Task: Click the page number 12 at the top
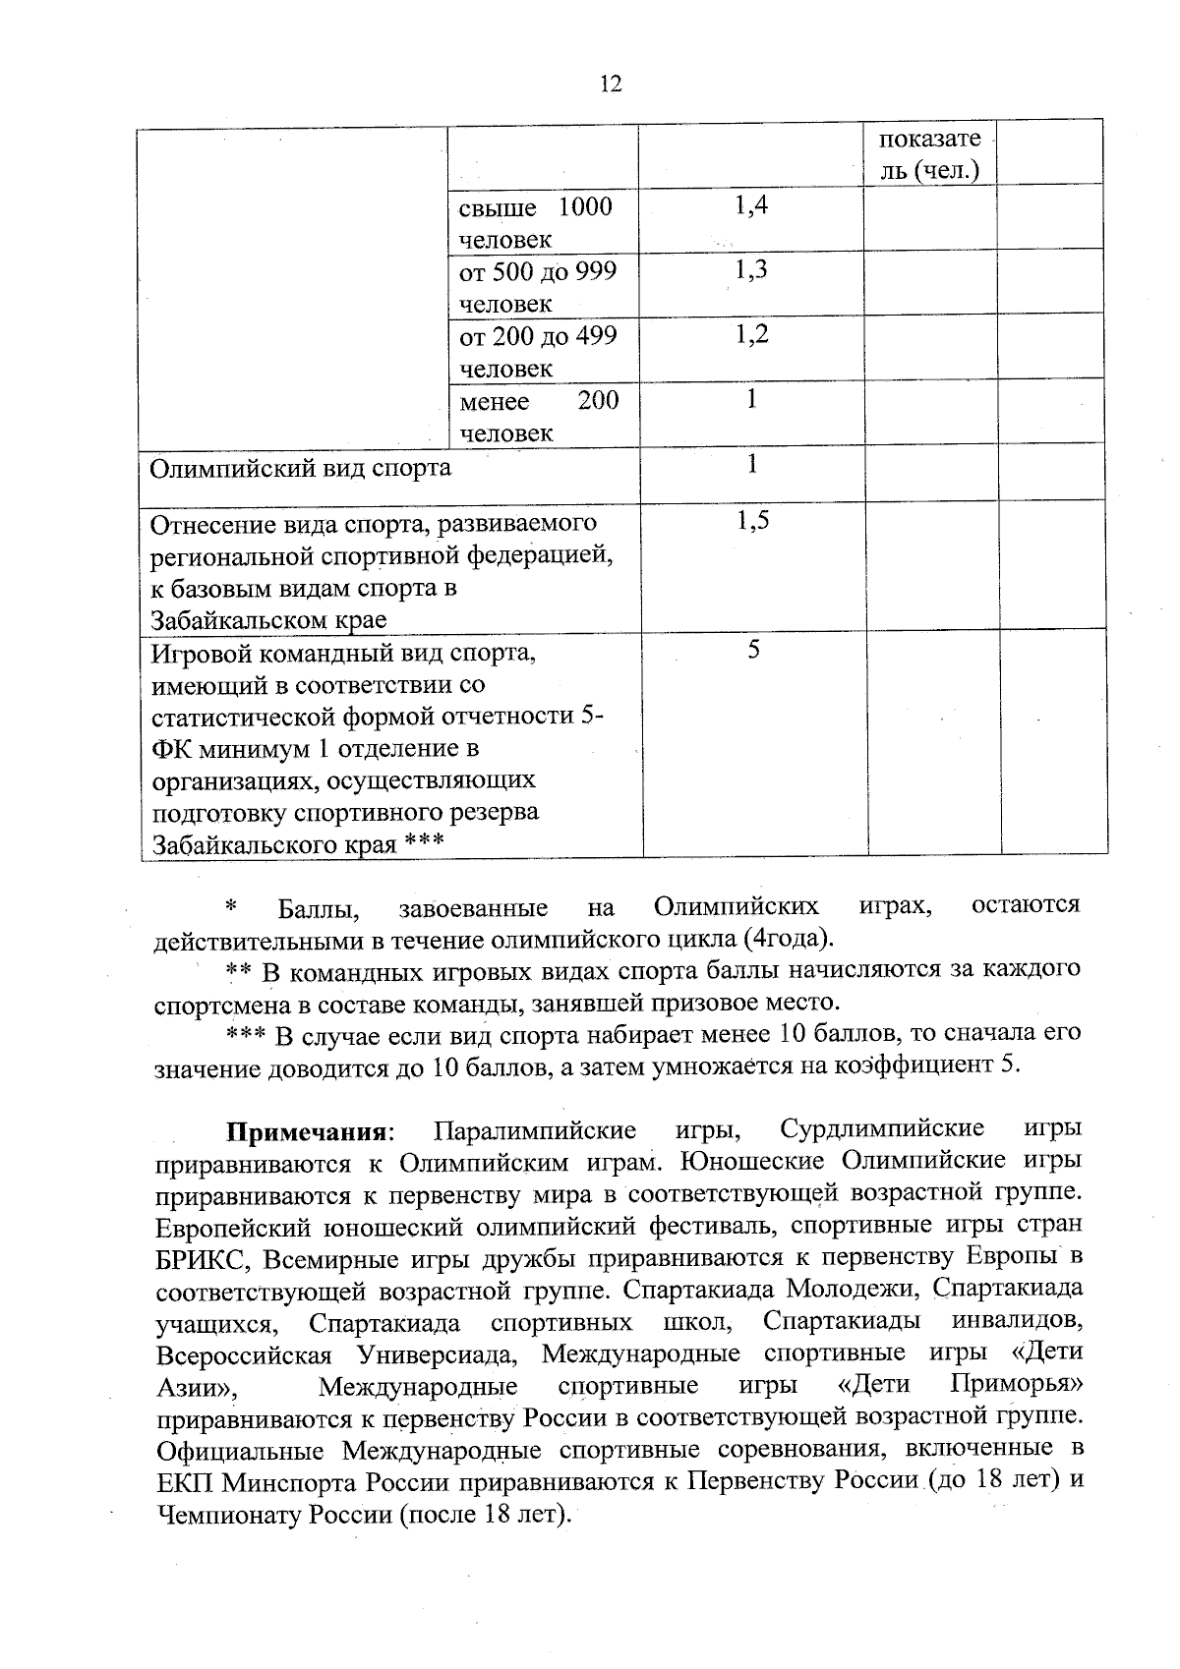610,85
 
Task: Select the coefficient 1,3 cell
751,269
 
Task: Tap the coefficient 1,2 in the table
751,334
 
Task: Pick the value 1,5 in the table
751,521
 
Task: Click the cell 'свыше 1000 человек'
535,222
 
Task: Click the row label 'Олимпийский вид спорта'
300,468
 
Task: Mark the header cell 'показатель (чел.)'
928,154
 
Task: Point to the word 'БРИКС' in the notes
201,1258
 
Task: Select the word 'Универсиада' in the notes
439,1354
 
